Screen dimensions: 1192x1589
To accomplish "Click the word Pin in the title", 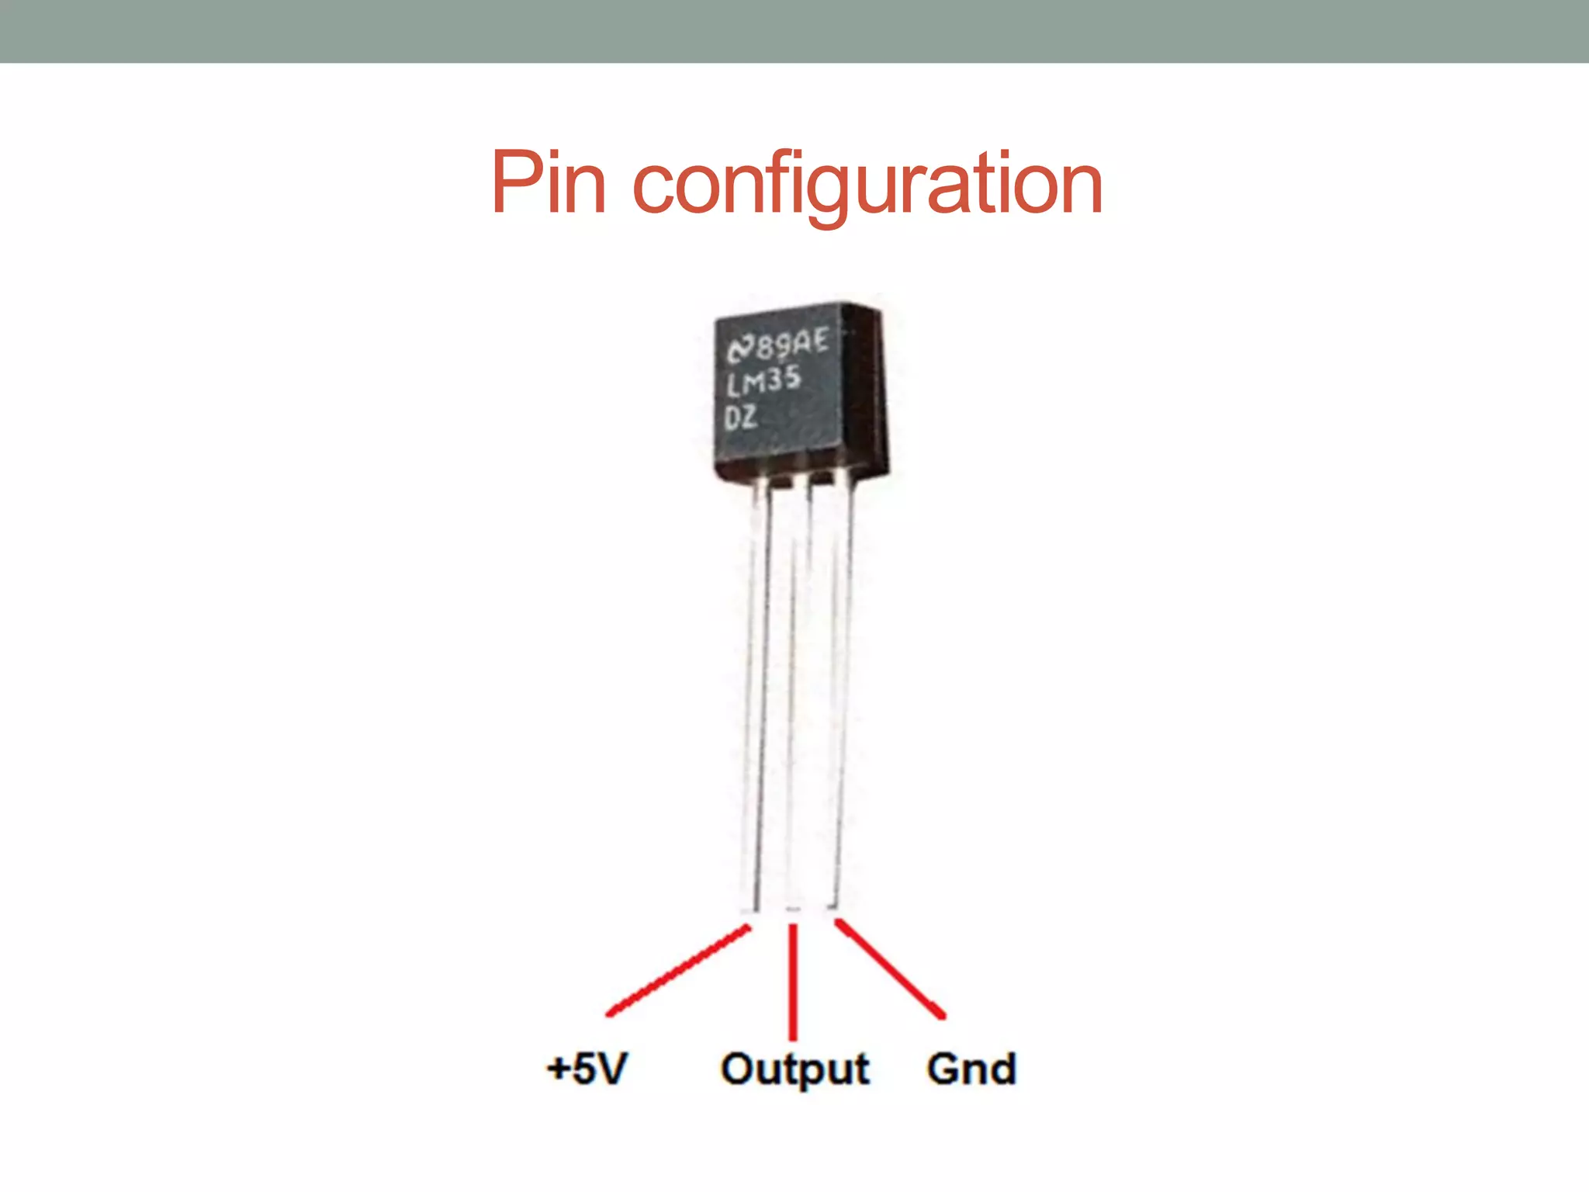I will coord(548,183).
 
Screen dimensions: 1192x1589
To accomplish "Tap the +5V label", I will coord(587,1069).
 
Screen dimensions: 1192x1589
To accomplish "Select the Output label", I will coord(794,1069).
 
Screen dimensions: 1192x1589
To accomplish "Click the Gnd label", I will coord(971,1069).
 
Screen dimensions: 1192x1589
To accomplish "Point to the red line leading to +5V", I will coord(677,970).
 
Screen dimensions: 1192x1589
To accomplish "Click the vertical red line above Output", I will coord(793,982).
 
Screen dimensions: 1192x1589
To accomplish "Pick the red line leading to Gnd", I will coord(890,968).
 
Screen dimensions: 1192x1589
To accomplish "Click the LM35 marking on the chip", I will coord(763,381).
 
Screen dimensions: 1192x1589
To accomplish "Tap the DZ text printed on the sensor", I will coord(740,418).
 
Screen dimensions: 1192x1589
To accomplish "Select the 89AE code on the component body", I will coord(791,343).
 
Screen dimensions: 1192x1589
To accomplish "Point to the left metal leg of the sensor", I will coord(756,698).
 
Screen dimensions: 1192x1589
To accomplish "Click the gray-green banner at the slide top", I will coord(794,31).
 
